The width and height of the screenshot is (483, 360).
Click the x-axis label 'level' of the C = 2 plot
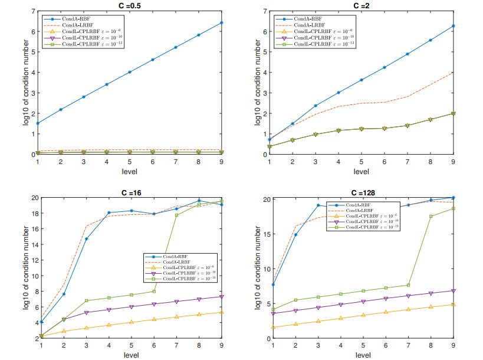tap(362, 172)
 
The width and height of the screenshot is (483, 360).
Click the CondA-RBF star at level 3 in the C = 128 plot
tap(318, 205)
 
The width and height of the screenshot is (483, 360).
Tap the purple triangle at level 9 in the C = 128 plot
tap(454, 291)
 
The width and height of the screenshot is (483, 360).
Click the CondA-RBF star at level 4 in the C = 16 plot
tap(109, 212)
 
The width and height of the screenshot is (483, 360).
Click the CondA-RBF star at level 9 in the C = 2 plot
tap(454, 26)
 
